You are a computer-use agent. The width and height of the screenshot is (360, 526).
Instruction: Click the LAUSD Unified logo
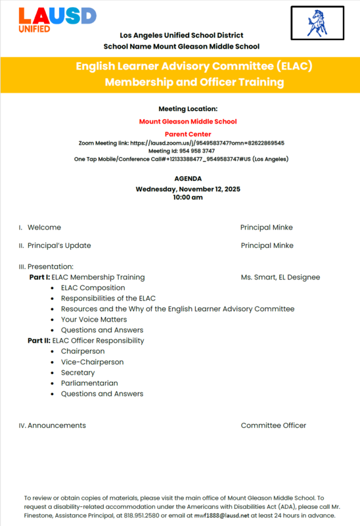click(57, 20)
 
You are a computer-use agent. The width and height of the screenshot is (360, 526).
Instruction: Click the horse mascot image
click(317, 24)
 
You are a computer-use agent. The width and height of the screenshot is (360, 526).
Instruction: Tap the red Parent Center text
click(188, 134)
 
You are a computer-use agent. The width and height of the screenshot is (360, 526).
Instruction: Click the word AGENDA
click(188, 179)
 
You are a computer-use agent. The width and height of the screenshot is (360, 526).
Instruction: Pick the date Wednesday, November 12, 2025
click(188, 189)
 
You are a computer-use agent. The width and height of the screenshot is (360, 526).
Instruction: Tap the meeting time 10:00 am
click(188, 197)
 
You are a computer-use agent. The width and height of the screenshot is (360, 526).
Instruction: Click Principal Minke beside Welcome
click(266, 227)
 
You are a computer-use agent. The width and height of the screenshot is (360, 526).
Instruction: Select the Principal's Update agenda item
click(59, 245)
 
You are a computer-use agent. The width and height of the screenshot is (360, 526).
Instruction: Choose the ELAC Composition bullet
click(93, 288)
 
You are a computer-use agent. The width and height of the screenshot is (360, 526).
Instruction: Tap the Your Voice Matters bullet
click(94, 320)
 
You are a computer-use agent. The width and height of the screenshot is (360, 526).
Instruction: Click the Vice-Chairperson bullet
click(92, 362)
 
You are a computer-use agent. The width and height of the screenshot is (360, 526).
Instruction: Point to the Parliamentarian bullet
click(89, 383)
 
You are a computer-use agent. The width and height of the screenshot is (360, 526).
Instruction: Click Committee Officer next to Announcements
click(273, 425)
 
